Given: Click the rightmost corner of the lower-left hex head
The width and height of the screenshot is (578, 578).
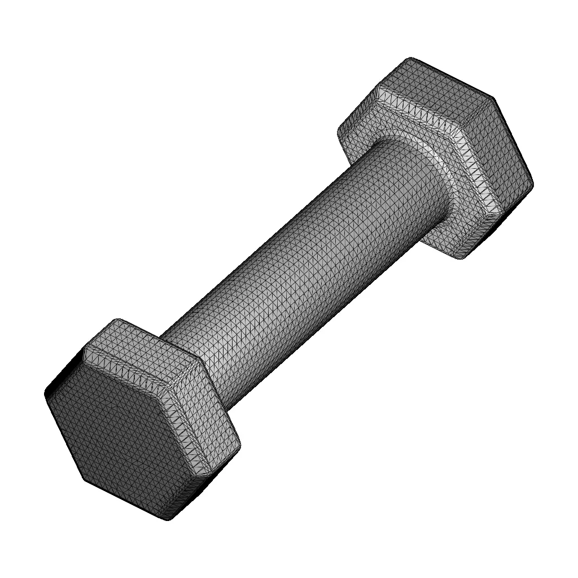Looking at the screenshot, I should (x=240, y=446).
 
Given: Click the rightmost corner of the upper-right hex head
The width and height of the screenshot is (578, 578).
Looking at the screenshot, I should (x=533, y=183).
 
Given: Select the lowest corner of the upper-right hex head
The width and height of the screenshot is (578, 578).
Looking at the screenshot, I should (x=460, y=259).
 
